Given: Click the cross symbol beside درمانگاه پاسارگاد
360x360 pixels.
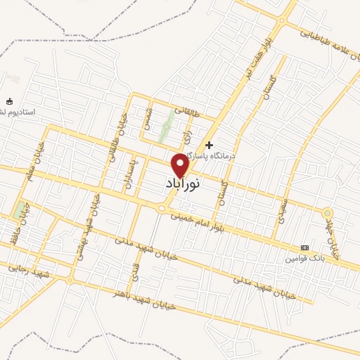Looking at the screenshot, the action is coord(209,144).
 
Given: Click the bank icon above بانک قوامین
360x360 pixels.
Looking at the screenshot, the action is coord(304,247).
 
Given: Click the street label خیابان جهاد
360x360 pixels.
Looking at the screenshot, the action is coord(335,235).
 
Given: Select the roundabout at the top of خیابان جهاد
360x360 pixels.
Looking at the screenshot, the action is coord(327,212).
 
